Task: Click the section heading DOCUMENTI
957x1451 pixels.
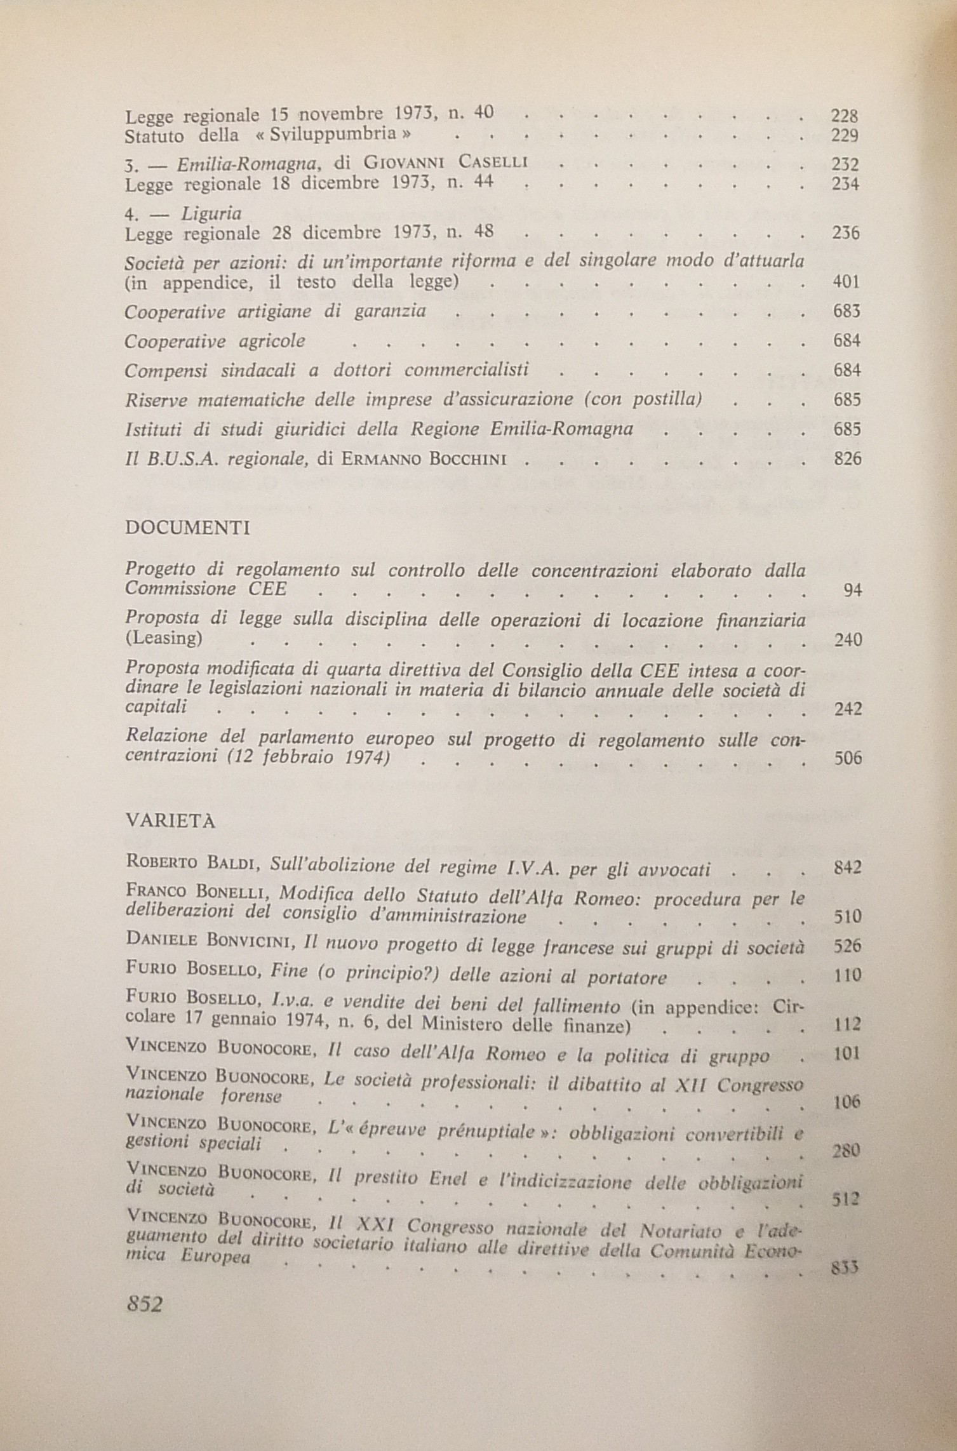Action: pos(187,528)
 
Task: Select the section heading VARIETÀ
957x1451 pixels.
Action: pos(171,821)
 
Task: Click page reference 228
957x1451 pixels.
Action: pos(845,116)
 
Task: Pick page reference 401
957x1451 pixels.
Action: pos(847,282)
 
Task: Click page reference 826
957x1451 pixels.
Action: pos(847,458)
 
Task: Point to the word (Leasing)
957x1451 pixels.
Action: pos(163,638)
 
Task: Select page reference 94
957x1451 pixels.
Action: pos(853,591)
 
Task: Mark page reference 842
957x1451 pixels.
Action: pos(847,868)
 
